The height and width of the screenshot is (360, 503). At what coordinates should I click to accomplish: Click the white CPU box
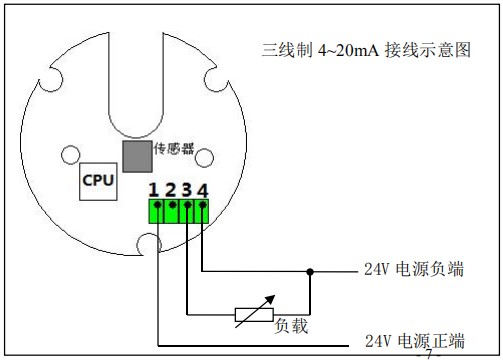click(x=98, y=181)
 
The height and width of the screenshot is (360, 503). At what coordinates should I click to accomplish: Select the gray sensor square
click(x=136, y=154)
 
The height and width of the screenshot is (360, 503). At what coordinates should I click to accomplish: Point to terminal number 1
click(x=154, y=190)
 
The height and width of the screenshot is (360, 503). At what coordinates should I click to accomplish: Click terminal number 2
click(x=171, y=190)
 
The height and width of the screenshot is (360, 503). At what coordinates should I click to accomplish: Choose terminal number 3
click(x=187, y=190)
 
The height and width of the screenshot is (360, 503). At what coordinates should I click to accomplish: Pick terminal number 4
click(x=203, y=190)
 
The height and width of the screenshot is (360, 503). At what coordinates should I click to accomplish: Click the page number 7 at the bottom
click(x=430, y=354)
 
